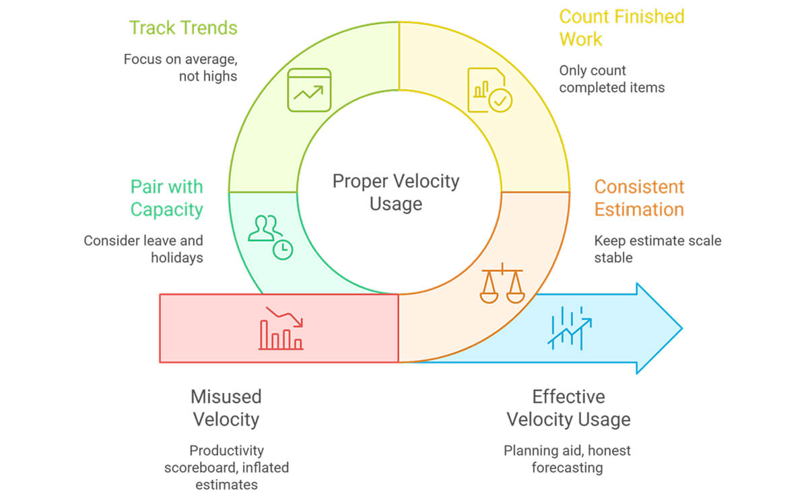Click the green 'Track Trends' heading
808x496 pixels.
[x=183, y=28]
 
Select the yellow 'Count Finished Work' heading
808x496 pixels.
[x=621, y=28]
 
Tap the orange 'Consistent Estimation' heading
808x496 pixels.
[x=639, y=199]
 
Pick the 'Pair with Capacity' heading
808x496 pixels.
[x=167, y=199]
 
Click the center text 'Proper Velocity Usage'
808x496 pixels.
[x=396, y=192]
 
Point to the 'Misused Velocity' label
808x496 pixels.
[x=226, y=408]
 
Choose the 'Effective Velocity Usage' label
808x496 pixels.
[x=568, y=408]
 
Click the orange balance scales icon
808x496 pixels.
[x=502, y=283]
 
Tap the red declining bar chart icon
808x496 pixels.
[x=281, y=328]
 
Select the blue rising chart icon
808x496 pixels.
[x=570, y=328]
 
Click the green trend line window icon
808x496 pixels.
[x=309, y=90]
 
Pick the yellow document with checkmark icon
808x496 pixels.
[x=490, y=90]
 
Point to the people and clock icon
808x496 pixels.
[x=271, y=238]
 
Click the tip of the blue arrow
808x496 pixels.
[x=682, y=328]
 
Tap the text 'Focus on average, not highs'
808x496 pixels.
[x=180, y=68]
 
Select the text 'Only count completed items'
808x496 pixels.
[x=612, y=79]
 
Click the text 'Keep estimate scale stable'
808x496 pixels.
[x=658, y=249]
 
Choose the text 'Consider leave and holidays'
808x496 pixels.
[x=143, y=249]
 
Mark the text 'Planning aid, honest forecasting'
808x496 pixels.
[x=567, y=459]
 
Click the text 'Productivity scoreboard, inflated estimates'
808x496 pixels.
[x=226, y=468]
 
